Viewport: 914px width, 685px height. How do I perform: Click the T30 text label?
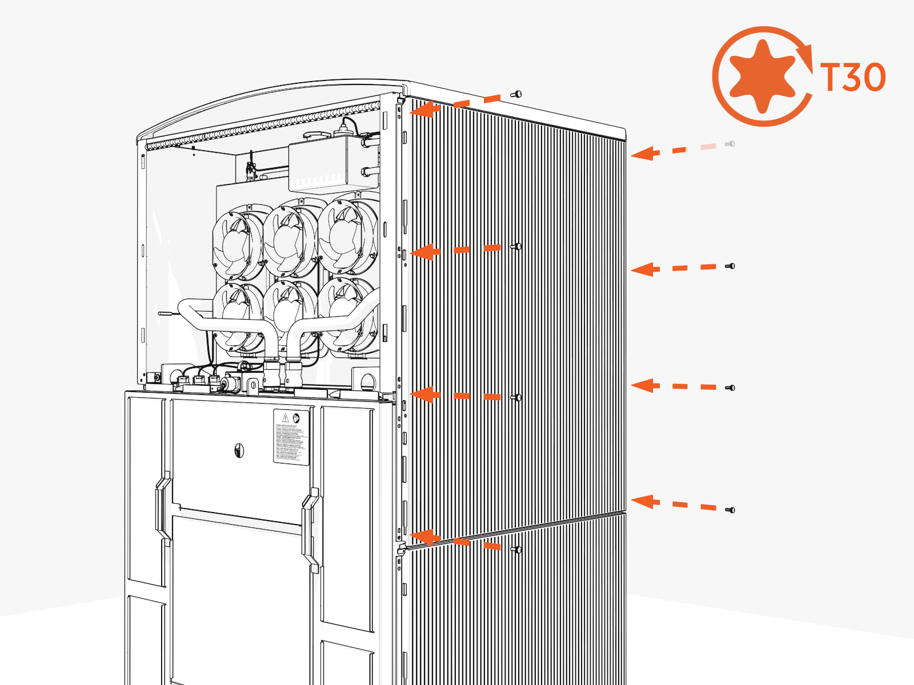tap(853, 77)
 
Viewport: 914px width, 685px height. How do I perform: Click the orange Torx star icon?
tap(763, 76)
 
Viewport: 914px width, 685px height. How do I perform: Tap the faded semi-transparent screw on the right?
tap(730, 144)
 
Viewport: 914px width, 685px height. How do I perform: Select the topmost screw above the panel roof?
tap(517, 94)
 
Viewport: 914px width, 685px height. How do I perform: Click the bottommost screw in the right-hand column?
tap(730, 510)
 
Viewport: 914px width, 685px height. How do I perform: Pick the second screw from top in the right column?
tap(730, 266)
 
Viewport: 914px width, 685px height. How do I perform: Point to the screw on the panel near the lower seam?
tap(516, 550)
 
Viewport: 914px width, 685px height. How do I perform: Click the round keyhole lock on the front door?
tap(239, 452)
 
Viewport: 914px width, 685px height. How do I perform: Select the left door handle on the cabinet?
tap(162, 508)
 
